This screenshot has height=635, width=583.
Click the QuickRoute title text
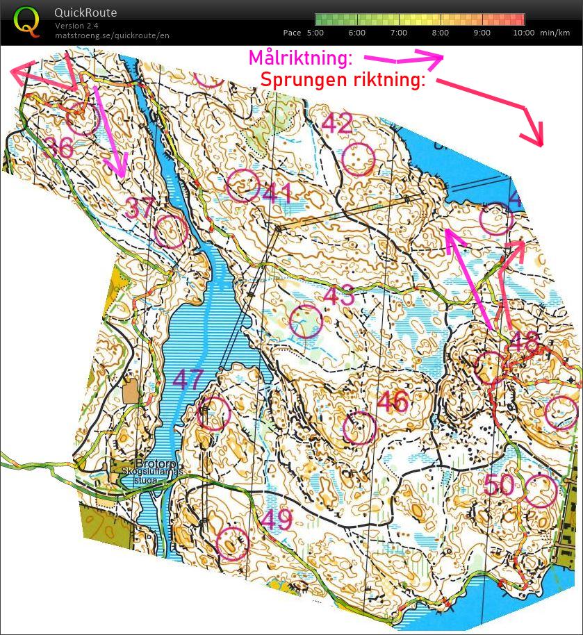pyautogui.click(x=85, y=13)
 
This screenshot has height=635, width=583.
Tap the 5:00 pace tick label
pyautogui.click(x=315, y=33)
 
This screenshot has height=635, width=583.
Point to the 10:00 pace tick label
pyautogui.click(x=524, y=33)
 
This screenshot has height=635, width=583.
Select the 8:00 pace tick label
pyautogui.click(x=440, y=33)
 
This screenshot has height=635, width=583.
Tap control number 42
pyautogui.click(x=337, y=124)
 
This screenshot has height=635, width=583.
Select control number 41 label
pyautogui.click(x=277, y=193)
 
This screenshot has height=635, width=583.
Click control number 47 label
pyautogui.click(x=188, y=379)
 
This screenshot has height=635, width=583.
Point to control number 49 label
pyautogui.click(x=276, y=520)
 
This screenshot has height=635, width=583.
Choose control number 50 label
pyautogui.click(x=499, y=485)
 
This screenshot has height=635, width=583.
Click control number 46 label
pyautogui.click(x=393, y=401)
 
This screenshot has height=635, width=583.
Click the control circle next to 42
pyautogui.click(x=359, y=159)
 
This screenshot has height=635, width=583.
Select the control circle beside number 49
pyautogui.click(x=232, y=543)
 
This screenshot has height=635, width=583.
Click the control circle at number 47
pyautogui.click(x=213, y=413)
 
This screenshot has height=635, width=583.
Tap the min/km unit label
pyautogui.click(x=557, y=33)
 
